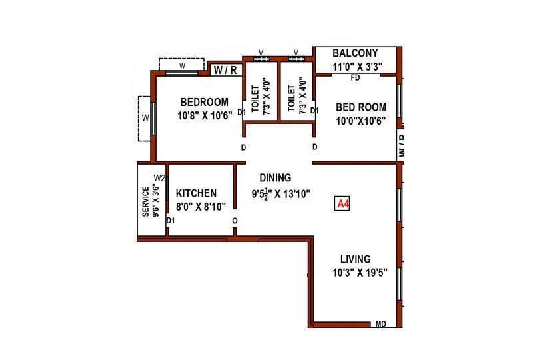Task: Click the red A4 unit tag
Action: pyautogui.click(x=342, y=204)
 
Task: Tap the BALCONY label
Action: pyautogui.click(x=355, y=53)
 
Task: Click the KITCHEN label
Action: pyautogui.click(x=196, y=193)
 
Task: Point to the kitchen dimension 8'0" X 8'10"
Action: pyautogui.click(x=201, y=206)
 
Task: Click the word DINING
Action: pyautogui.click(x=275, y=178)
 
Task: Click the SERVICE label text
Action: pyautogui.click(x=145, y=201)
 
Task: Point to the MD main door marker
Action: pyautogui.click(x=380, y=324)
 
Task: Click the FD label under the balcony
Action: pyautogui.click(x=356, y=78)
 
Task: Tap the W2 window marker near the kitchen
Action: pyautogui.click(x=159, y=178)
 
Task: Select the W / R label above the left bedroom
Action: pyautogui.click(x=225, y=69)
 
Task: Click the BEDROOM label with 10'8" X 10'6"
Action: pyautogui.click(x=205, y=102)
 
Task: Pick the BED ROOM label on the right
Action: pyautogui.click(x=360, y=107)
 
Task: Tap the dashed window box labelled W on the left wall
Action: pyautogui.click(x=145, y=119)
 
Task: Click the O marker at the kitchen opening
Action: pyautogui.click(x=234, y=221)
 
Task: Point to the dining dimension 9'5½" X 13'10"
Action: pyautogui.click(x=280, y=194)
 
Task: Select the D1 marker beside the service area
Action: pyautogui.click(x=171, y=220)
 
